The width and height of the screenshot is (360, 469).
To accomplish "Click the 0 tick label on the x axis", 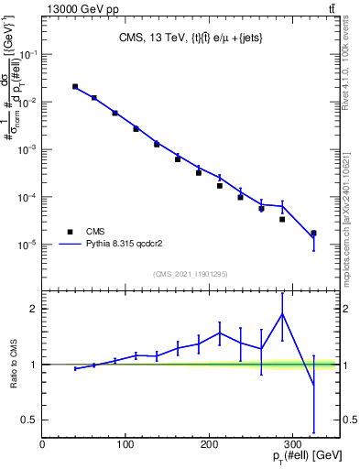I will [43, 444].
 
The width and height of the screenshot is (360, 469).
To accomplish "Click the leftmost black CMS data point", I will [75, 86].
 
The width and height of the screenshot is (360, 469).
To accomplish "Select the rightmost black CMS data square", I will [313, 234].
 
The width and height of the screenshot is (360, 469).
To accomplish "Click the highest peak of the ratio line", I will [282, 313].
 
